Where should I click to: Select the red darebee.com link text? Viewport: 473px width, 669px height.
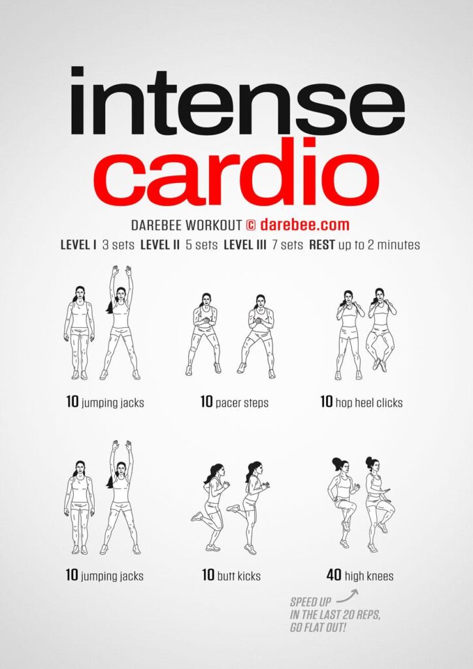(x=304, y=225)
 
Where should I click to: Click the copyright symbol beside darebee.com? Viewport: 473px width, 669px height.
(x=250, y=225)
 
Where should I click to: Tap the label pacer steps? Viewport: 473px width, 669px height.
(x=242, y=402)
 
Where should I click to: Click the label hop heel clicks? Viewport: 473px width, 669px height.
(x=369, y=402)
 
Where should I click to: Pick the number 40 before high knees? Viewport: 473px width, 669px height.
(x=333, y=576)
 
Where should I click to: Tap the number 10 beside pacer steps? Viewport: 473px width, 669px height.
(x=207, y=402)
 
